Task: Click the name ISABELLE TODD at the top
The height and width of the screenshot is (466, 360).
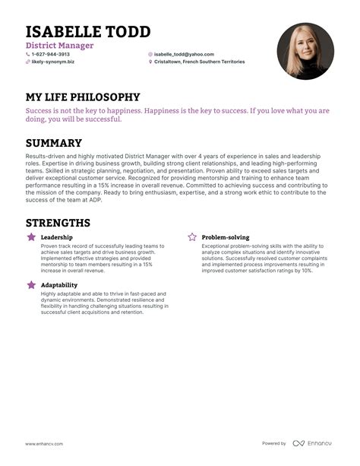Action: (88, 32)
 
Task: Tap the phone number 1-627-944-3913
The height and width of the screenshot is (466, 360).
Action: (50, 55)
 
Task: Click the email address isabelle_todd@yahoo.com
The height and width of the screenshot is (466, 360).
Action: (183, 55)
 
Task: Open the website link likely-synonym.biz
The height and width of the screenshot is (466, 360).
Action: (52, 62)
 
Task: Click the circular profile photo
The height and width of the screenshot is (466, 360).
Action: (305, 51)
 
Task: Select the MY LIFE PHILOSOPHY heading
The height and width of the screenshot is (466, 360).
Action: (83, 97)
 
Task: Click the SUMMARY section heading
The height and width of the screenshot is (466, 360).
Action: (54, 143)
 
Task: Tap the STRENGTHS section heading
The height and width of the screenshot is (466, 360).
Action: (58, 223)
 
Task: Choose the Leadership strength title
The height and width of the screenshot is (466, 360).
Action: (57, 238)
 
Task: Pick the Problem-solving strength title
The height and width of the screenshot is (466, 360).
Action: (225, 238)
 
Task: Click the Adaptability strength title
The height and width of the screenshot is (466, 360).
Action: (60, 285)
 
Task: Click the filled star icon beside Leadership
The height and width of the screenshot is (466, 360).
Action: (31, 238)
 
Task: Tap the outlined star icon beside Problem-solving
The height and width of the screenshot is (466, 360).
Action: (192, 238)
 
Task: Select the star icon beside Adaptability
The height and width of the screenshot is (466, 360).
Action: (31, 285)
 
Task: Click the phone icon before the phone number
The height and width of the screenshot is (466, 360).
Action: (28, 55)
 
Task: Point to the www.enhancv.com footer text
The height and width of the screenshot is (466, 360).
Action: (44, 443)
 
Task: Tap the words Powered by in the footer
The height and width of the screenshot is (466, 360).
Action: (274, 443)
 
